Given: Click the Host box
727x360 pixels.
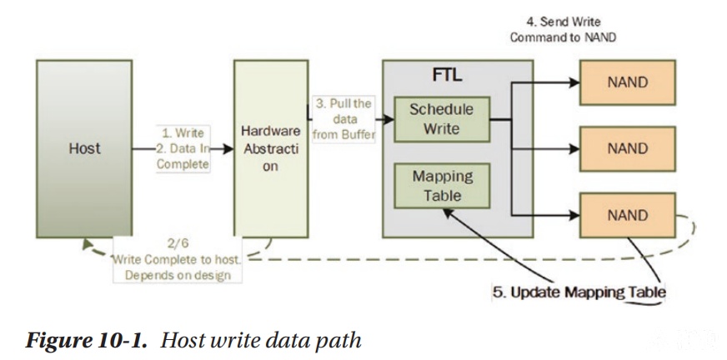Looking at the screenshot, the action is pyautogui.click(x=84, y=148).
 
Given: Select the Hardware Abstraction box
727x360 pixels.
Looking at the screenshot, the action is pyautogui.click(x=271, y=148).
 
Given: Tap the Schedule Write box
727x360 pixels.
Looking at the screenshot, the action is pyautogui.click(x=442, y=119).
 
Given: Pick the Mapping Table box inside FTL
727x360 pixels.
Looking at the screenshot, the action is pyautogui.click(x=442, y=186).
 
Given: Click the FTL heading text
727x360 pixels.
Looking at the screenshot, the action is pyautogui.click(x=447, y=75).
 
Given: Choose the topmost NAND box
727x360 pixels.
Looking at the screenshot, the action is pyautogui.click(x=627, y=82).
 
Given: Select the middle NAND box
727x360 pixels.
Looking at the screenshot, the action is pyautogui.click(x=627, y=148).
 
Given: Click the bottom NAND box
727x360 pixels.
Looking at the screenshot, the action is pyautogui.click(x=627, y=216).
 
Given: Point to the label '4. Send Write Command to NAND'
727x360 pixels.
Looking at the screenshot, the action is pyautogui.click(x=563, y=30).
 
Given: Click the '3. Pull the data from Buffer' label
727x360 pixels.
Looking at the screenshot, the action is pyautogui.click(x=343, y=119).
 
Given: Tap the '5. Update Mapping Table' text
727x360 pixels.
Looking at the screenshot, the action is pyautogui.click(x=579, y=292).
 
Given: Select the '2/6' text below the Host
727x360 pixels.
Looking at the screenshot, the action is pyautogui.click(x=178, y=243).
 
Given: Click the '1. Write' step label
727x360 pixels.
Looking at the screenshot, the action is pyautogui.click(x=183, y=133).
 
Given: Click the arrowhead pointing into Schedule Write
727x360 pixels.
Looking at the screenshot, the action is pyautogui.click(x=388, y=119).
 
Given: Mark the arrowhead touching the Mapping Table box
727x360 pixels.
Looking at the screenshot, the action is pyautogui.click(x=448, y=212).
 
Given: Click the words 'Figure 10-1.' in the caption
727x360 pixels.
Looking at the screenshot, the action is pyautogui.click(x=87, y=341).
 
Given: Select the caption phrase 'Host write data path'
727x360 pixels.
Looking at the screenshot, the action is pyautogui.click(x=261, y=341).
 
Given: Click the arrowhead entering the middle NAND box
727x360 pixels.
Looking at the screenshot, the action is pyautogui.click(x=574, y=148).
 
